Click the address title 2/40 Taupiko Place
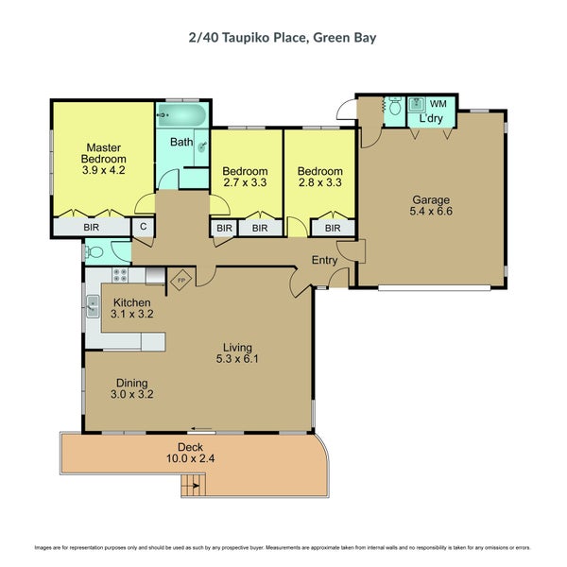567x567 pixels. click(x=283, y=38)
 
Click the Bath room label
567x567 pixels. click(x=180, y=143)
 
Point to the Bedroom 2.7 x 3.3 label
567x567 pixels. click(x=245, y=177)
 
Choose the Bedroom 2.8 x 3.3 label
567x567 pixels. click(x=318, y=177)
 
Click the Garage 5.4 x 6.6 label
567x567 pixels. click(x=430, y=206)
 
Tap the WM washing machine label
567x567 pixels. click(x=438, y=103)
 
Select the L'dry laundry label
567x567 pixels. click(x=432, y=118)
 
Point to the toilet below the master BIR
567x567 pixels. click(x=94, y=250)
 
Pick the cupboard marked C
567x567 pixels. click(x=144, y=228)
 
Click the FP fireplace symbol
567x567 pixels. click(x=181, y=280)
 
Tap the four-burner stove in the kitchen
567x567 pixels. click(x=121, y=275)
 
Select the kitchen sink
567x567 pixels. click(x=93, y=305)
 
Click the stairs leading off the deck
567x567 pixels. click(x=193, y=487)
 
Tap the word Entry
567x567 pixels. click(x=324, y=261)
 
